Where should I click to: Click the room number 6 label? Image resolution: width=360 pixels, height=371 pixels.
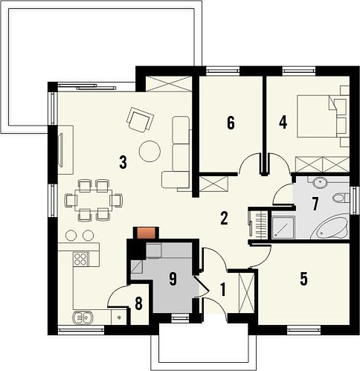[x=231, y=123]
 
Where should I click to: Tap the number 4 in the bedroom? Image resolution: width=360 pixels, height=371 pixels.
[x=283, y=123]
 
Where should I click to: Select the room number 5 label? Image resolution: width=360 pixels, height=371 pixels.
[x=303, y=278]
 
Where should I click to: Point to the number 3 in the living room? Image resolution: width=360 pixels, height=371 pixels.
[x=123, y=162]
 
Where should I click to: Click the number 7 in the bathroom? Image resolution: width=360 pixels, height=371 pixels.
[x=315, y=204]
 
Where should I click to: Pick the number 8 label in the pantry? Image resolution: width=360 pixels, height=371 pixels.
[x=138, y=303]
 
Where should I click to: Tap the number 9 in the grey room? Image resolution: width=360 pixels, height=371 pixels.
[x=173, y=279]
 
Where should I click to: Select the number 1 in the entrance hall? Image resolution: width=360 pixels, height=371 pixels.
[x=223, y=290]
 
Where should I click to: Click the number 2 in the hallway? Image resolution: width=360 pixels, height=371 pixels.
[x=224, y=219]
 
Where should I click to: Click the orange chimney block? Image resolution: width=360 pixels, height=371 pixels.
[x=146, y=233]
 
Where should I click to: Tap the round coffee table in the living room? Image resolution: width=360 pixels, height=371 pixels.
[x=150, y=151]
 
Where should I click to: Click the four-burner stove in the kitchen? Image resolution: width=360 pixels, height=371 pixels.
[x=81, y=259]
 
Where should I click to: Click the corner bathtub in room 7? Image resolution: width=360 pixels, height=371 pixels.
[x=330, y=228]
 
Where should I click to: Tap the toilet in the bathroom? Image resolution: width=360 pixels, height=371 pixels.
[x=340, y=198]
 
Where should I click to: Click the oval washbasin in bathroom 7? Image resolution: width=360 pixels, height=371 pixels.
[x=320, y=182]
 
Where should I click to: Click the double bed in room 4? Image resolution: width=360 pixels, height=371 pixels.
[x=319, y=116]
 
